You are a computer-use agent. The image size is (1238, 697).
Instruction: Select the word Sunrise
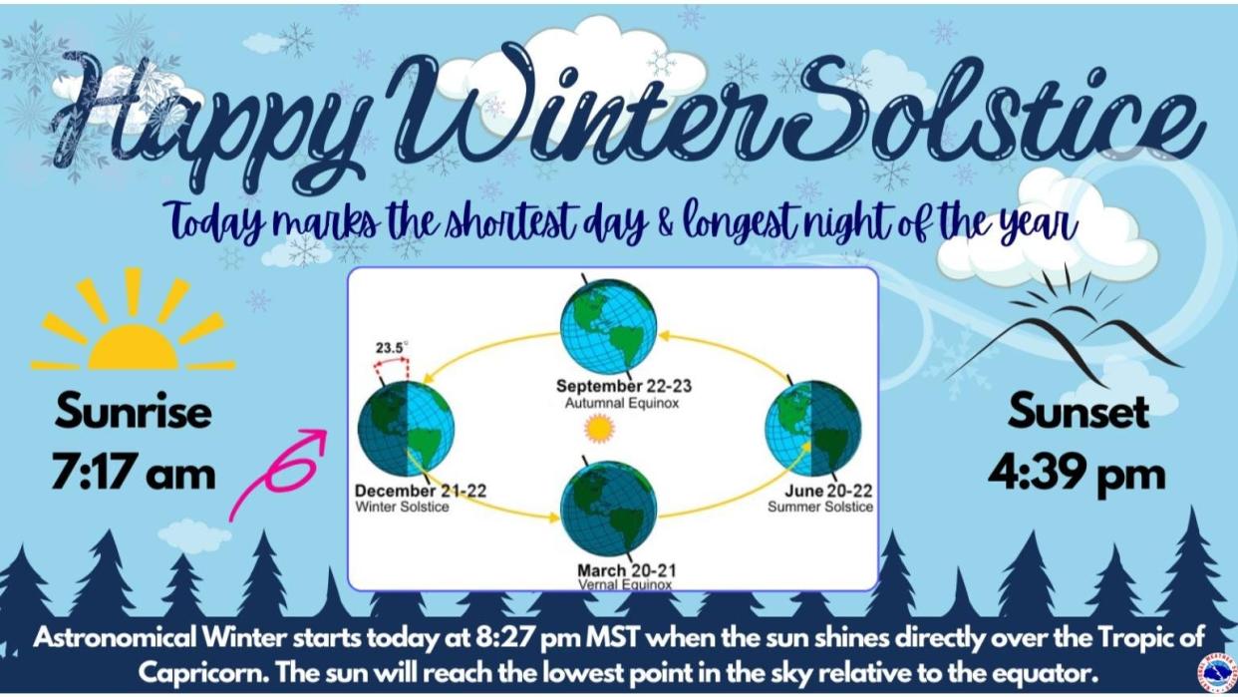134,411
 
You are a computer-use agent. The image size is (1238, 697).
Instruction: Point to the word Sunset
1079,411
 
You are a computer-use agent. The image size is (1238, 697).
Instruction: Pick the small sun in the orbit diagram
600,430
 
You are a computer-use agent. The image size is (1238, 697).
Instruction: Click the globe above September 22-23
608,326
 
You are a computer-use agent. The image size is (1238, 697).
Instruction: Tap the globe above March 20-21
608,509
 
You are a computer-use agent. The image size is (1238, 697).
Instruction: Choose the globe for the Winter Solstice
407,429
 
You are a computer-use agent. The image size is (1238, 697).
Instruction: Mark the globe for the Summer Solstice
812,429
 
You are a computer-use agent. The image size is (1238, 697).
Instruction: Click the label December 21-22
421,491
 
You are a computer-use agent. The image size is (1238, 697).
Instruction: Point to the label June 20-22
828,491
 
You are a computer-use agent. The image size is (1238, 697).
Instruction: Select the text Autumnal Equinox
622,403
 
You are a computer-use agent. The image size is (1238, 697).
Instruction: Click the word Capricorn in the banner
202,673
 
